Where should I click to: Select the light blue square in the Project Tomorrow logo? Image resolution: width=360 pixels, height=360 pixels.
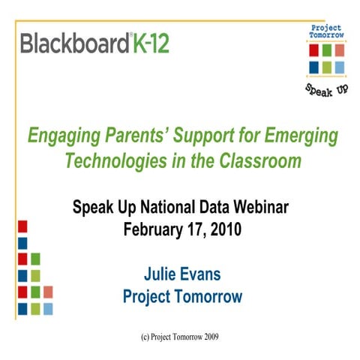click(x=340, y=66)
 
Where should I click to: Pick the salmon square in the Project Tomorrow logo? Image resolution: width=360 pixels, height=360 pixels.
click(x=340, y=51)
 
